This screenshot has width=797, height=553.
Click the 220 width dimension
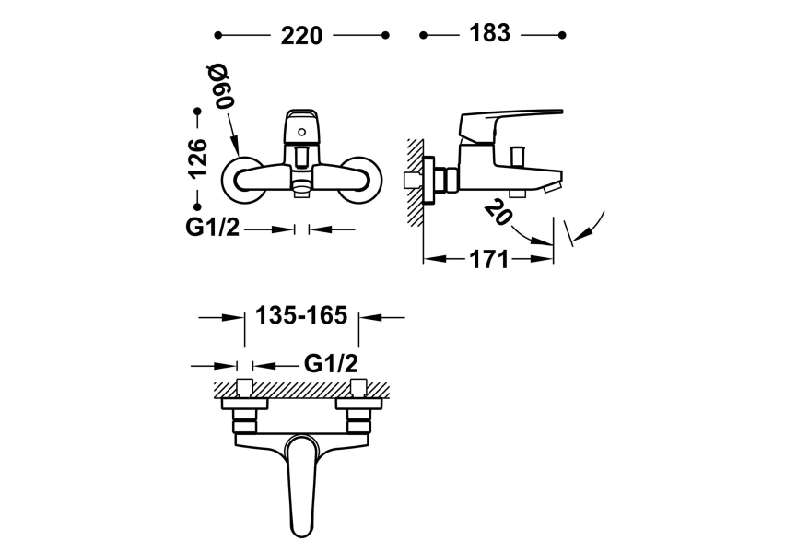click(x=301, y=36)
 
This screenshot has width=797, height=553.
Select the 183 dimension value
click(x=489, y=33)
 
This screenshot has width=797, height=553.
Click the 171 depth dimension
click(x=488, y=260)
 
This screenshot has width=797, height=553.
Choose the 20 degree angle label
click(x=496, y=214)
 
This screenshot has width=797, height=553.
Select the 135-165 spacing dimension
click(x=301, y=316)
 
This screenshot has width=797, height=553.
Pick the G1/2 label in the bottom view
click(x=331, y=365)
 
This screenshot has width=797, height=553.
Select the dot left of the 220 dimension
click(x=218, y=35)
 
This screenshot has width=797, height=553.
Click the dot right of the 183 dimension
click(x=560, y=35)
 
